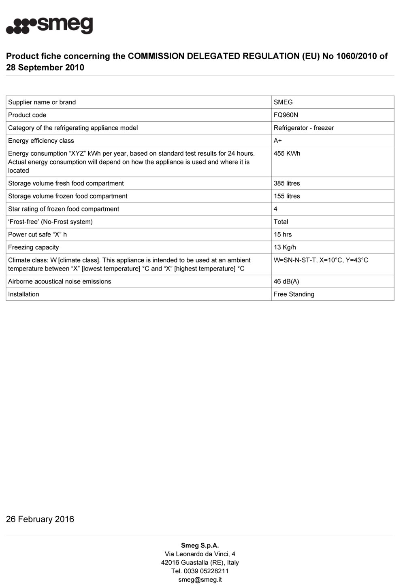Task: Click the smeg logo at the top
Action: (x=49, y=26)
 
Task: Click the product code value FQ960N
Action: (x=286, y=115)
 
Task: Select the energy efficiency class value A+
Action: (x=278, y=141)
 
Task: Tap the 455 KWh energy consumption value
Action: (x=287, y=154)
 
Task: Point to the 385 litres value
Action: (x=287, y=184)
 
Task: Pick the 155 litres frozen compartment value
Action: (x=287, y=196)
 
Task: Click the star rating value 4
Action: (x=275, y=209)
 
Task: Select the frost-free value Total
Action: (x=281, y=222)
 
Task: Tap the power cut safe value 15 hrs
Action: (x=282, y=234)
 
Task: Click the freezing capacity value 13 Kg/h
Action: (x=285, y=247)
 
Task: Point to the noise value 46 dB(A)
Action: (x=286, y=281)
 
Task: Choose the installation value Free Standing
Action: (x=294, y=294)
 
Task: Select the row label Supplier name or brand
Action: (x=42, y=102)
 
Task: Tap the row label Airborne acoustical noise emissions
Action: (x=60, y=281)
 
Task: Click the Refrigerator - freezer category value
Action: (x=304, y=128)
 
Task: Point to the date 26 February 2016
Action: (x=40, y=519)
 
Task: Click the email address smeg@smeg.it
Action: (x=200, y=580)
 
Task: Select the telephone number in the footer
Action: (x=200, y=571)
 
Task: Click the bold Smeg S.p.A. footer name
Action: (x=200, y=545)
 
